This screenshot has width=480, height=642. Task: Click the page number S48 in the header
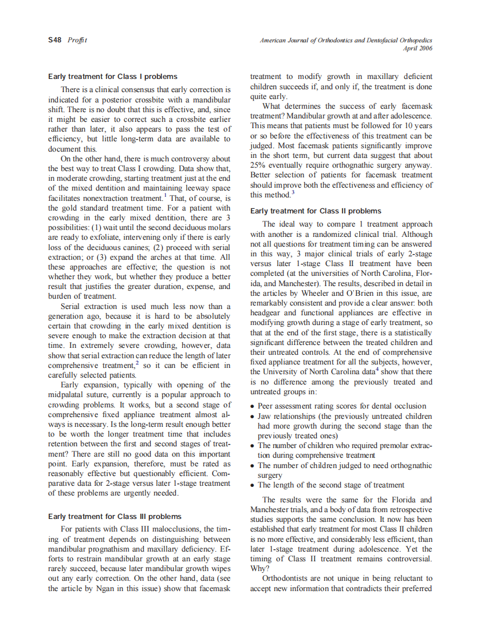click(55, 40)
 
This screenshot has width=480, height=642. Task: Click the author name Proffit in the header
click(77, 40)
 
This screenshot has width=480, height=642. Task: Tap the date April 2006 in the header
click(418, 49)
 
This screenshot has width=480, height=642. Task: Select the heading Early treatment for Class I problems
click(112, 76)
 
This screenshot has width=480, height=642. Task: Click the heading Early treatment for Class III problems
click(115, 516)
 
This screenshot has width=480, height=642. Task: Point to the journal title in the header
click(346, 40)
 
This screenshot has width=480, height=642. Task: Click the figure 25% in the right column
click(258, 165)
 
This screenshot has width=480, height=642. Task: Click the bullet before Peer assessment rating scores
click(253, 406)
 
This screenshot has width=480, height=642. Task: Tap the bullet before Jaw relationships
click(253, 417)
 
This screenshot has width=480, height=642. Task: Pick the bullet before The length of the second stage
click(253, 485)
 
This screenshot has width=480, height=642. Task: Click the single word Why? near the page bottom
click(258, 569)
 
